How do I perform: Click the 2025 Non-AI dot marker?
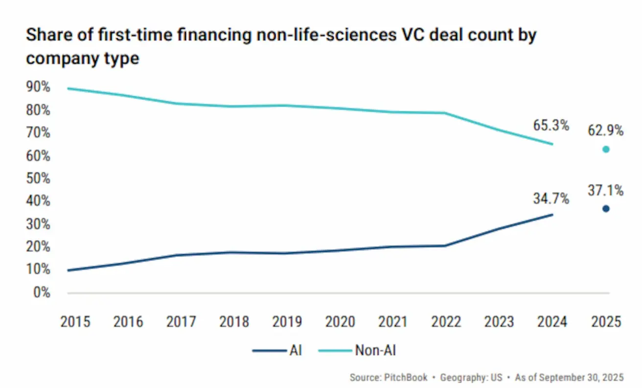coord(606,149)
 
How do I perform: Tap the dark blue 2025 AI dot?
coord(606,209)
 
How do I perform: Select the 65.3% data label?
coord(551,126)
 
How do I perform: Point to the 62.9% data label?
coord(606,130)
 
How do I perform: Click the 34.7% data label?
coord(551,199)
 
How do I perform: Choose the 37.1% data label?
coord(606,191)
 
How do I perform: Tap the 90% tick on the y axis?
coord(38,87)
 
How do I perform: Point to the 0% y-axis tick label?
coord(42,293)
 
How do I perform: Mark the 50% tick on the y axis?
coord(38,179)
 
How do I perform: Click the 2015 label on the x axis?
coord(75,322)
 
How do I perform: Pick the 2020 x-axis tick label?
coord(341,322)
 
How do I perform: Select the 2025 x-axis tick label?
coord(606,322)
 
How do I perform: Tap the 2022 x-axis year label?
coord(447,322)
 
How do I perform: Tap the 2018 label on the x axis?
coord(234,322)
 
